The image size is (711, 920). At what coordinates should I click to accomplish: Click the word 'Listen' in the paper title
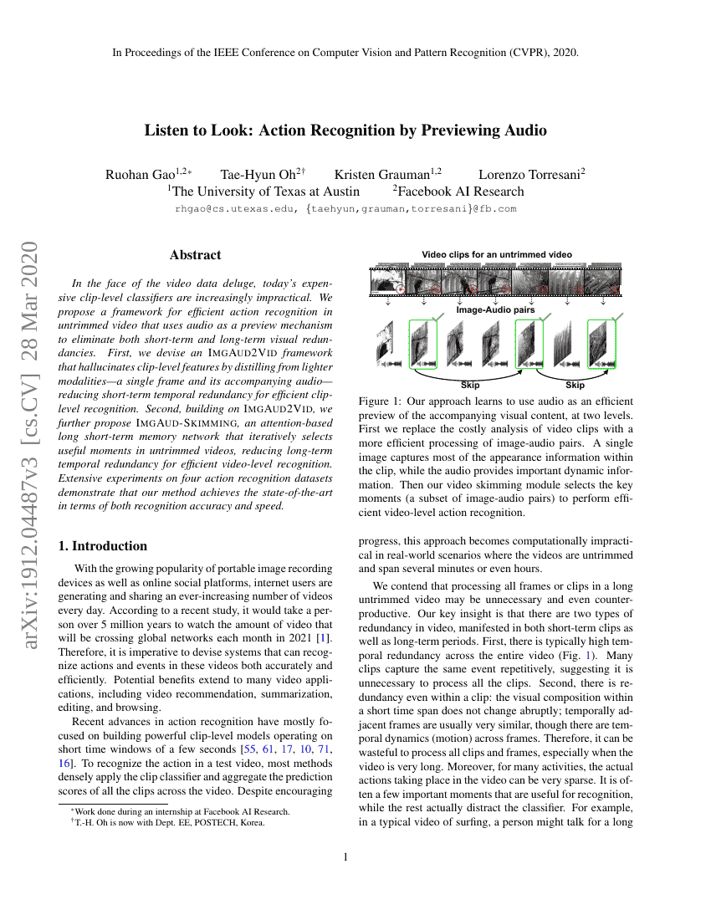coord(166,130)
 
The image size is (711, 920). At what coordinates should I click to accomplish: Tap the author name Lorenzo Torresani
coord(529,175)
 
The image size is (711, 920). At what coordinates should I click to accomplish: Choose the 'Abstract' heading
coord(195,255)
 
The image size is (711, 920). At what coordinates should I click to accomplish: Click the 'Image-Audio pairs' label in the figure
coord(495,309)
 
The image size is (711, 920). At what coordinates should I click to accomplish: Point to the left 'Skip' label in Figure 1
coord(471,386)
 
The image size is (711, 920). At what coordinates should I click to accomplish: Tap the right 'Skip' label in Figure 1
coord(575,386)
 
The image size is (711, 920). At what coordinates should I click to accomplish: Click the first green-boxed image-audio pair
coord(423,345)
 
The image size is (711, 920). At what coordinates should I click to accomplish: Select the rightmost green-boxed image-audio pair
coord(601,345)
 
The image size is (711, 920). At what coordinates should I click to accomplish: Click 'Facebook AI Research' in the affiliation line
coord(458,192)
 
